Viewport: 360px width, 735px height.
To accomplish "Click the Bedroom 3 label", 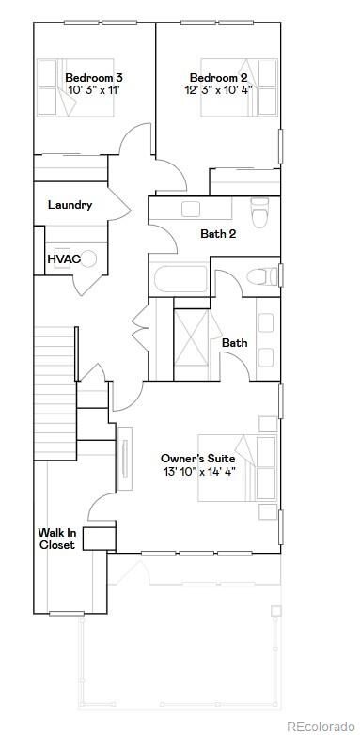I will [x=94, y=76].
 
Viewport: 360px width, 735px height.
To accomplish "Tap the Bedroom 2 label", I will [x=218, y=76].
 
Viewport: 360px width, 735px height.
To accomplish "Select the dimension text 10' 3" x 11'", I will [x=94, y=90].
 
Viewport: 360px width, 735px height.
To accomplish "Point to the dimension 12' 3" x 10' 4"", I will [x=218, y=90].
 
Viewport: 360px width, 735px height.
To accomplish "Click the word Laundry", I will [x=70, y=205].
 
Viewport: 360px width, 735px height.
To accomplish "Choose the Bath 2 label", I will [x=218, y=234].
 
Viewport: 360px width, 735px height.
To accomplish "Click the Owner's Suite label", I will [x=197, y=458].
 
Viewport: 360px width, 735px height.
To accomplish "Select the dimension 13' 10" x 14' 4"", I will [x=197, y=472].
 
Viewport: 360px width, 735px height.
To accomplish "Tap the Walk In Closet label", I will [x=56, y=538].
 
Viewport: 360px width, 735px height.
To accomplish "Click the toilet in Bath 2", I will [x=259, y=213].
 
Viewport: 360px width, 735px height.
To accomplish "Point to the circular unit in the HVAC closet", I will [x=89, y=258].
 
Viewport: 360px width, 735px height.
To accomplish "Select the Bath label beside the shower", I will [x=235, y=343].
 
